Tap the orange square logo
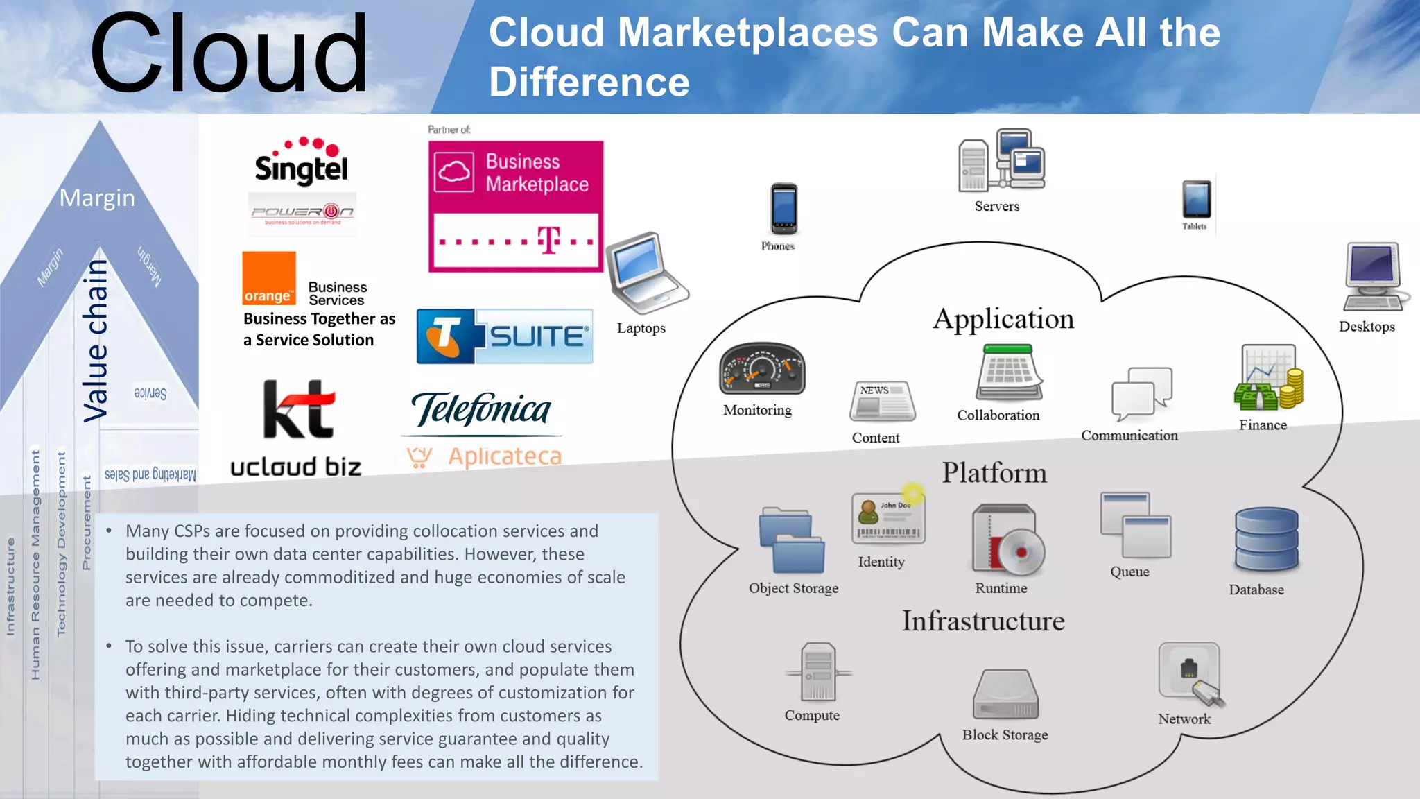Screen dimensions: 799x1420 tap(269, 278)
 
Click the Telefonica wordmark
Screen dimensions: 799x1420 tap(481, 409)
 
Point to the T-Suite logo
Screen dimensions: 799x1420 tap(504, 336)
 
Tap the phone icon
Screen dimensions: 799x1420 tap(784, 208)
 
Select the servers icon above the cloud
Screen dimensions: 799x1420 tap(1001, 160)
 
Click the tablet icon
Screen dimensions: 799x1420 tap(1197, 199)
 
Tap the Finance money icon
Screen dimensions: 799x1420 tap(1268, 378)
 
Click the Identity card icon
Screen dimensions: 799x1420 tap(888, 519)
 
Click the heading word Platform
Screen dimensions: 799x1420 tap(994, 473)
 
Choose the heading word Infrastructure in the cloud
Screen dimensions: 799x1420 tap(983, 621)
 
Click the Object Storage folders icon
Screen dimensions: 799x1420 tap(792, 541)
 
